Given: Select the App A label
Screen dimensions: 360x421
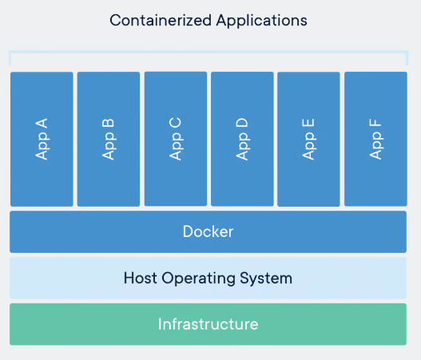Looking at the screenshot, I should pyautogui.click(x=42, y=139).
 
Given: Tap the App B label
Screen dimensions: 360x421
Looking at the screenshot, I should pyautogui.click(x=109, y=139).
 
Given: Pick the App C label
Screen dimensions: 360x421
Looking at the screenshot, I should pyautogui.click(x=176, y=138).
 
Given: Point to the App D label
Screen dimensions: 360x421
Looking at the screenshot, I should pyautogui.click(x=242, y=138).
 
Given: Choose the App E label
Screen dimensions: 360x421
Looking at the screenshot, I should pyautogui.click(x=308, y=139).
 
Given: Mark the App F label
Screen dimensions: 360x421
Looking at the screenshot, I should pyautogui.click(x=375, y=139).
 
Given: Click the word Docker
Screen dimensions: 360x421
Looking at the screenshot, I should pyautogui.click(x=208, y=232).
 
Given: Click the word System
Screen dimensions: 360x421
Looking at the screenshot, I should pyautogui.click(x=268, y=279).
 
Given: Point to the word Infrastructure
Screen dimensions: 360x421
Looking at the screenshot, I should pyautogui.click(x=208, y=324).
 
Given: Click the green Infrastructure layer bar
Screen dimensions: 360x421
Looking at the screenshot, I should pyautogui.click(x=64, y=324).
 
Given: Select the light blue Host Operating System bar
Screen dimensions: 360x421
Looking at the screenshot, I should pyautogui.click(x=64, y=279).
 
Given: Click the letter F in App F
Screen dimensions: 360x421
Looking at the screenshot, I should pyautogui.click(x=375, y=123).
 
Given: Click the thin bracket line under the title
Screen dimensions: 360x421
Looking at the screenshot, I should pyautogui.click(x=208, y=53).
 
